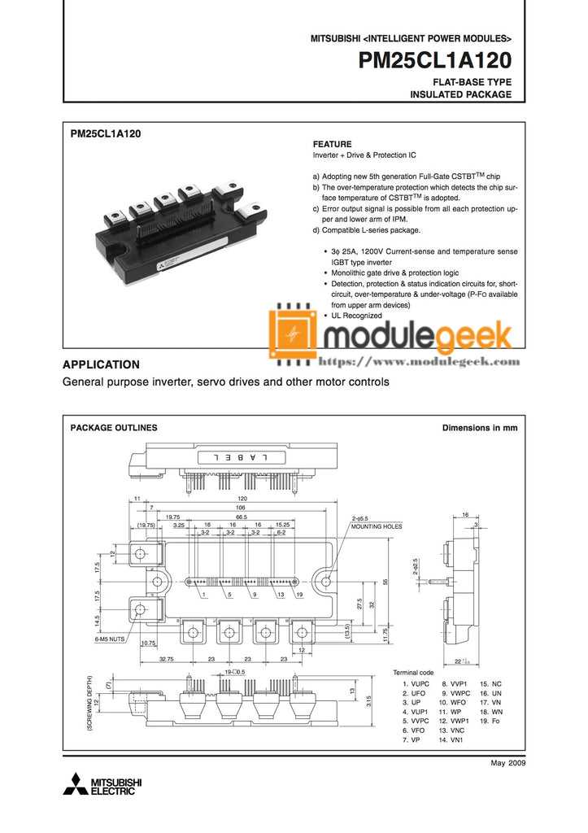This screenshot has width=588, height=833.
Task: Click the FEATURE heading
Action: pyautogui.click(x=333, y=144)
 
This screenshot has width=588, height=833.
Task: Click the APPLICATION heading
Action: pyautogui.click(x=102, y=364)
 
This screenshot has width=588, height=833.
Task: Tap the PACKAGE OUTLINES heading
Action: pyautogui.click(x=114, y=428)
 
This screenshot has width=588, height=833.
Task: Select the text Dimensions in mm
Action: pyautogui.click(x=479, y=428)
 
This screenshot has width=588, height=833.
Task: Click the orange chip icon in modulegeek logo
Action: pyautogui.click(x=294, y=333)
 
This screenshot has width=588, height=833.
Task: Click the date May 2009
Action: pyautogui.click(x=509, y=762)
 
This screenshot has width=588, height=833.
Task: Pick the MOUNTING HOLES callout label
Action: pyautogui.click(x=377, y=526)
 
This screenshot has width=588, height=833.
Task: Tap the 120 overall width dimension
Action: pyautogui.click(x=242, y=498)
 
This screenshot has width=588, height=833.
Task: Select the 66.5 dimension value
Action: pyautogui.click(x=242, y=517)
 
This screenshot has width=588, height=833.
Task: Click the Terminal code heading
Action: pyautogui.click(x=413, y=673)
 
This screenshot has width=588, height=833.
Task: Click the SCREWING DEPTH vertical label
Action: pyautogui.click(x=89, y=704)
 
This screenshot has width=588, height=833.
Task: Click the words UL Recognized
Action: pyautogui.click(x=357, y=315)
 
